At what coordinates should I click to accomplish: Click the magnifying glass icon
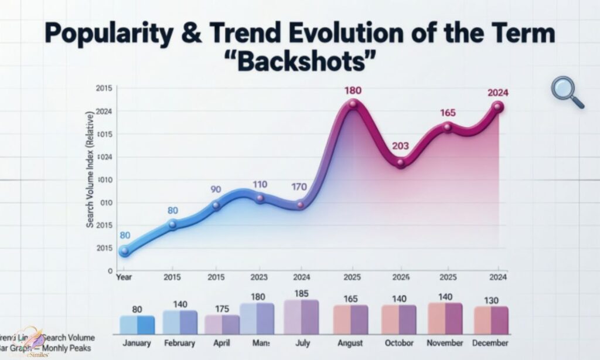pyautogui.click(x=567, y=92)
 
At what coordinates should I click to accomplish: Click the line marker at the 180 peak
pyautogui.click(x=353, y=104)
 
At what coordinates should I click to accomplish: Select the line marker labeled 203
pyautogui.click(x=401, y=164)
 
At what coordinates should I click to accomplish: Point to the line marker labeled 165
pyautogui.click(x=448, y=127)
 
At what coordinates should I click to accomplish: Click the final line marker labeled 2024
pyautogui.click(x=497, y=107)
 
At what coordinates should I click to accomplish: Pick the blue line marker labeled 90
pyautogui.click(x=216, y=205)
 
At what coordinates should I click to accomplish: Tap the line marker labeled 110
pyautogui.click(x=260, y=199)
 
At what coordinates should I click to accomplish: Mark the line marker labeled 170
pyautogui.click(x=301, y=205)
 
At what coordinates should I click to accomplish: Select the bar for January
pyautogui.click(x=137, y=324)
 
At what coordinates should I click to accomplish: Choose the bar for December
pyautogui.click(x=491, y=320)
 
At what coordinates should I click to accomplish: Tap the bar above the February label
pyautogui.click(x=180, y=322)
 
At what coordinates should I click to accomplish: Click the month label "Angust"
pyautogui.click(x=350, y=343)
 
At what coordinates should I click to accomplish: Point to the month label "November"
pyautogui.click(x=445, y=343)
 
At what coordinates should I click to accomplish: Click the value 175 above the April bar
pyautogui.click(x=221, y=308)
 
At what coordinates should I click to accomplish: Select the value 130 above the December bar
pyautogui.click(x=491, y=300)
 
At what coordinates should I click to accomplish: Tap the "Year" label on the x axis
pyautogui.click(x=124, y=276)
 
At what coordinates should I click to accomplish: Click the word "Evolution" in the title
pyautogui.click(x=379, y=34)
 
